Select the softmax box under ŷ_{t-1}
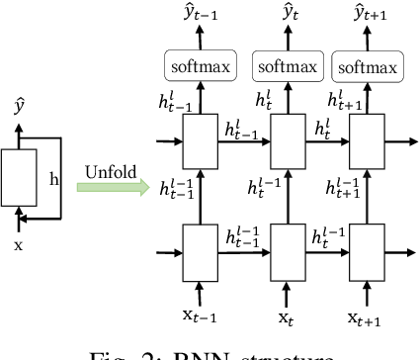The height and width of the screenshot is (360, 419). pos(203,68)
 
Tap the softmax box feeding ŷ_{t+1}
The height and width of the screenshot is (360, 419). pos(370,68)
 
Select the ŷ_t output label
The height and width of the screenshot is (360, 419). pos(289,16)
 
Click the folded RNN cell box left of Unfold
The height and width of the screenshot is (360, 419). pos(20,178)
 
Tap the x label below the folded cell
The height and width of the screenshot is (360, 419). pos(18,243)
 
